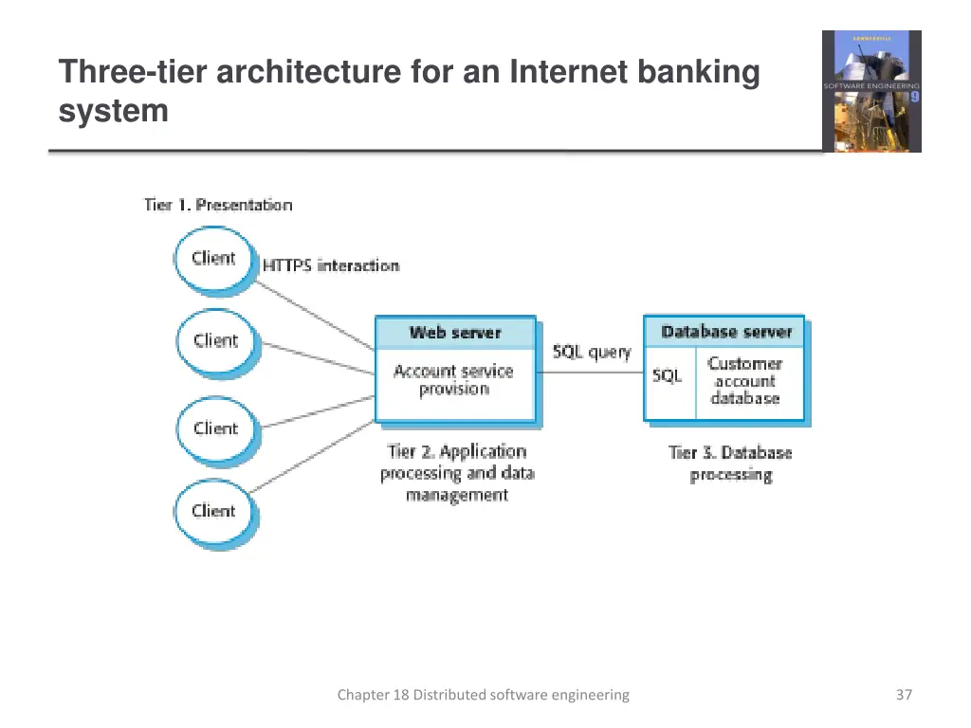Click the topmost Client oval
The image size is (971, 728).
click(x=214, y=258)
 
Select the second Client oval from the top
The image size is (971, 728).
click(x=215, y=341)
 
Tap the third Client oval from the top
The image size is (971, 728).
click(x=215, y=428)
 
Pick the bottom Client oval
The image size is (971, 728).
click(x=213, y=511)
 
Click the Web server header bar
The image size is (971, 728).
click(x=455, y=333)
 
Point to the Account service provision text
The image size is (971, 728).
click(x=453, y=380)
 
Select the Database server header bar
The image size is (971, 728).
click(x=724, y=332)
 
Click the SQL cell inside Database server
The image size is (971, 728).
click(x=668, y=376)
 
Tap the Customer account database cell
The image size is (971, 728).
click(x=745, y=381)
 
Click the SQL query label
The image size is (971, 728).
click(x=592, y=352)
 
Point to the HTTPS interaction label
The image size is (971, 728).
click(x=331, y=265)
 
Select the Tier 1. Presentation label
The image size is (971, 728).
click(x=218, y=205)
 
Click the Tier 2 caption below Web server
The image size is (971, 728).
click(x=457, y=473)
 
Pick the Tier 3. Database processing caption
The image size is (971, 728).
click(x=730, y=464)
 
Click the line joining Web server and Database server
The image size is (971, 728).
click(x=590, y=373)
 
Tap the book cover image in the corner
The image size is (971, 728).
click(x=870, y=91)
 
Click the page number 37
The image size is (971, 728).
click(x=904, y=695)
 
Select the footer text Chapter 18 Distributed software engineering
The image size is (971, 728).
click(x=483, y=695)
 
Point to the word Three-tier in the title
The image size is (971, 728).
click(x=133, y=72)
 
